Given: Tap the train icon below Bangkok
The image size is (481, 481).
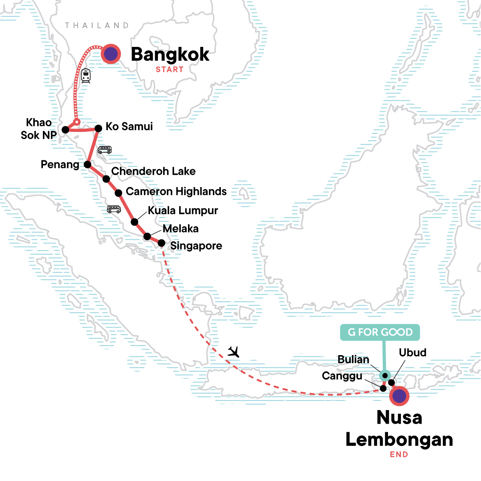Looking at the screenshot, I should click(x=85, y=75).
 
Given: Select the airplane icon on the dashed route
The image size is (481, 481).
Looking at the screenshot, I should click(x=233, y=352).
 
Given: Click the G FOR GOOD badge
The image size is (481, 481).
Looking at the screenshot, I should click(x=380, y=332).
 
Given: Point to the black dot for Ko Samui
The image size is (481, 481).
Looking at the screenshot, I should click(x=98, y=128).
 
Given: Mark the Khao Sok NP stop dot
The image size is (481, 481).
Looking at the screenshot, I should click(x=65, y=130).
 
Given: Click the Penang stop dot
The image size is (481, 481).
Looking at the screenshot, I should click(x=87, y=164).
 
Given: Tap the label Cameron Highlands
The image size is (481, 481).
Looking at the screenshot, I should click(x=176, y=192).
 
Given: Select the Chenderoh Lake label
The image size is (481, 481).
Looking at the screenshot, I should click(x=153, y=171).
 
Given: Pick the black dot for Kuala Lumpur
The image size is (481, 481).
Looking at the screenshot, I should click(x=135, y=222).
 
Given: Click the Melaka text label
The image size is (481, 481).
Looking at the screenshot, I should click(x=180, y=228).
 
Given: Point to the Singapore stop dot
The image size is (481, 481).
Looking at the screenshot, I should click(x=161, y=243).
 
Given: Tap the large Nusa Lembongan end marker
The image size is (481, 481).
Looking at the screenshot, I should click(x=399, y=396).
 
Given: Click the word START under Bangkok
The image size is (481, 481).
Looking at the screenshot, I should click(x=170, y=70).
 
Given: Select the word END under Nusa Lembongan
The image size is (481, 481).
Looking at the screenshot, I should click(x=399, y=455).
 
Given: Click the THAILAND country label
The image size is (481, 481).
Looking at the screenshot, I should click(x=97, y=26).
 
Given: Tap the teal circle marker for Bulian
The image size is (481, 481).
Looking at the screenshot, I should click(x=385, y=376).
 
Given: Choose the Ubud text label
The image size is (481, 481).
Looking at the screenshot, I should click(x=412, y=353).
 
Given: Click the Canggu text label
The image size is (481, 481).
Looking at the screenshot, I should click(x=342, y=376).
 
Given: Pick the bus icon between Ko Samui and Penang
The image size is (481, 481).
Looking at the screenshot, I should click(x=105, y=150).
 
